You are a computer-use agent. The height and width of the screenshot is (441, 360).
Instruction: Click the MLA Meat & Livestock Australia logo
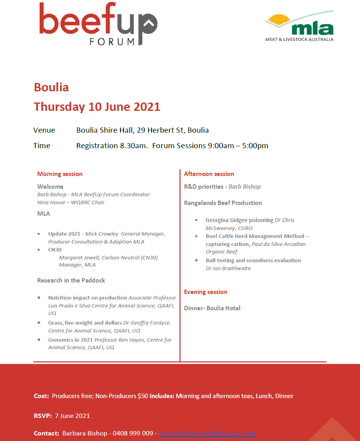tap(300, 26)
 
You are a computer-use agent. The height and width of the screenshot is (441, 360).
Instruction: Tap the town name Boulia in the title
tap(51, 87)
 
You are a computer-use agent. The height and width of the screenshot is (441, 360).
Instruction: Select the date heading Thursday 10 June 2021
tap(97, 106)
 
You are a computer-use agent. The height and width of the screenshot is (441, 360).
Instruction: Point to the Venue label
tap(44, 130)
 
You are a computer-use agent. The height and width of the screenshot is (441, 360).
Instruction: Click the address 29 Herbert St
tap(162, 130)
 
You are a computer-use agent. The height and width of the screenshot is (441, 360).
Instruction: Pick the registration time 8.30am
tap(131, 146)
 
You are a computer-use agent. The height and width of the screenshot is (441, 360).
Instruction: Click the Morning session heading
tap(60, 174)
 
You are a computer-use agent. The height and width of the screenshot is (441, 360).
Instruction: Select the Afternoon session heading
tap(209, 174)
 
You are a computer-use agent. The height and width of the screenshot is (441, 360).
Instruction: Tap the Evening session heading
tap(205, 292)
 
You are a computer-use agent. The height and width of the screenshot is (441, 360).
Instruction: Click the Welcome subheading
tap(50, 186)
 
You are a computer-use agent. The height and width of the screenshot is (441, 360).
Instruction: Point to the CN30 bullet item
tap(55, 250)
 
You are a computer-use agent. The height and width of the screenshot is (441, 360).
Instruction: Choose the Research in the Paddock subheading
tap(71, 280)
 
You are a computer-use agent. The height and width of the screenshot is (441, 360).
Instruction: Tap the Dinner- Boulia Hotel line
tap(212, 308)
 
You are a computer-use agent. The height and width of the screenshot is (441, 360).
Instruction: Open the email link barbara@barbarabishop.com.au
tap(207, 433)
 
